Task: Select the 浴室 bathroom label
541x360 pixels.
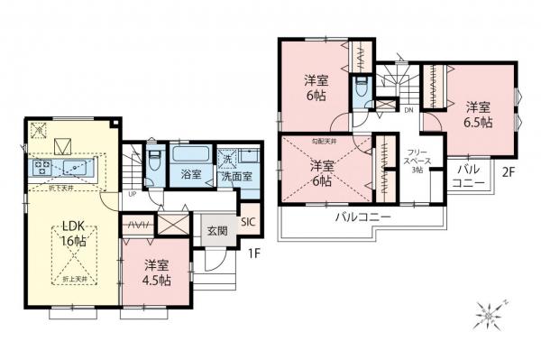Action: click(x=190, y=175)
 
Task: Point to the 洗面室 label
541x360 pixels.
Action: click(x=237, y=176)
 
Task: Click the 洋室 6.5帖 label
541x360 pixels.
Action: click(x=479, y=112)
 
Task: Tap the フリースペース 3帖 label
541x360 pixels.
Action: click(x=417, y=162)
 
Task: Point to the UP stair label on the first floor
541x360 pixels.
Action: click(x=133, y=193)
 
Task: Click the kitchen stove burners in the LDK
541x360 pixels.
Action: click(x=41, y=167)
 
